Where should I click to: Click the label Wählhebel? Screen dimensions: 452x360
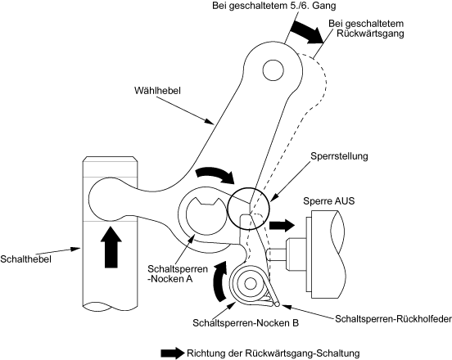157,91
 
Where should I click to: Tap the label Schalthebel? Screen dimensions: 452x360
25,259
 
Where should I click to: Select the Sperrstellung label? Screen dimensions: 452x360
339,156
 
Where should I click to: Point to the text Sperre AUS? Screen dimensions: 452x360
328,200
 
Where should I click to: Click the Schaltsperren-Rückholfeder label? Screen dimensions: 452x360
393,319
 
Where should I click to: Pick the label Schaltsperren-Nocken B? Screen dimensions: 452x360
246,322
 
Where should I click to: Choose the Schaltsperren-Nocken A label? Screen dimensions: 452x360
178,273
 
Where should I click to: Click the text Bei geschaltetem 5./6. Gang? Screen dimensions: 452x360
274,6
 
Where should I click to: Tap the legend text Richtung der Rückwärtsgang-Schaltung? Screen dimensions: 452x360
273,353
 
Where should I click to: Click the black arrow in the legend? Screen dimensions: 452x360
173,353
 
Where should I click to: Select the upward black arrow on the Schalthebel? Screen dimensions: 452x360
112,247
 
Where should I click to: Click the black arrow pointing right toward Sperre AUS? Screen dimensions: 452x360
282,225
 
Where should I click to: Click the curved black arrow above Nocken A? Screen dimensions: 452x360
215,174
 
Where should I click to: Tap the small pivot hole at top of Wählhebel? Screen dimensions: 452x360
273,70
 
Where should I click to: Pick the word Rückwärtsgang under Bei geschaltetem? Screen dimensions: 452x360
370,33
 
